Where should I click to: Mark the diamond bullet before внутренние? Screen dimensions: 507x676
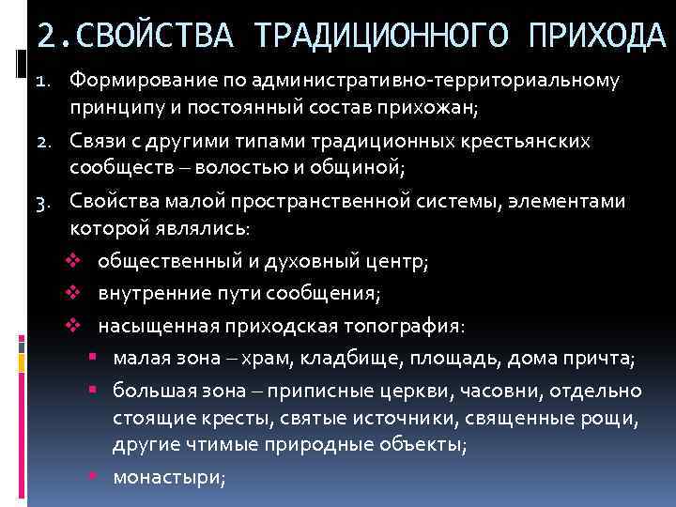pyautogui.click(x=78, y=295)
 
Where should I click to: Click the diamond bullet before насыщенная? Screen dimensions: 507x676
pyautogui.click(x=78, y=326)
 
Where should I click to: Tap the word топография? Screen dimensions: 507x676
pyautogui.click(x=405, y=326)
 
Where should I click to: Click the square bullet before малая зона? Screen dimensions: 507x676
pyautogui.click(x=96, y=358)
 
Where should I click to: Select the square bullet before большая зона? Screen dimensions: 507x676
pyautogui.click(x=96, y=389)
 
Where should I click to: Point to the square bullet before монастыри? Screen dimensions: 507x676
pyautogui.click(x=96, y=477)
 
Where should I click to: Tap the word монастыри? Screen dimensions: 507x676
pyautogui.click(x=168, y=477)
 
